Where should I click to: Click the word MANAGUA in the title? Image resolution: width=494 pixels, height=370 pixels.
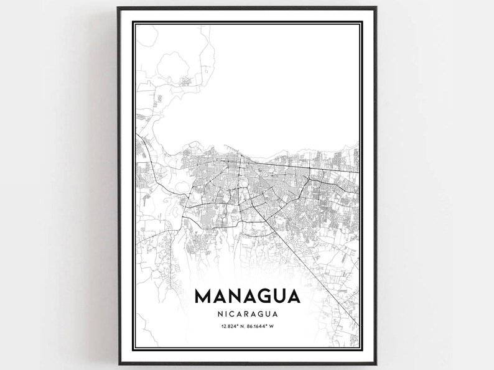248,295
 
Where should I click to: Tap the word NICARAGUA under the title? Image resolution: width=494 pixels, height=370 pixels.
248,314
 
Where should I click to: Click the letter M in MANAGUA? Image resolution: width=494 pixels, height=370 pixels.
203,295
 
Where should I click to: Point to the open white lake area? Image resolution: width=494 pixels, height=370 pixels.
261,93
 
